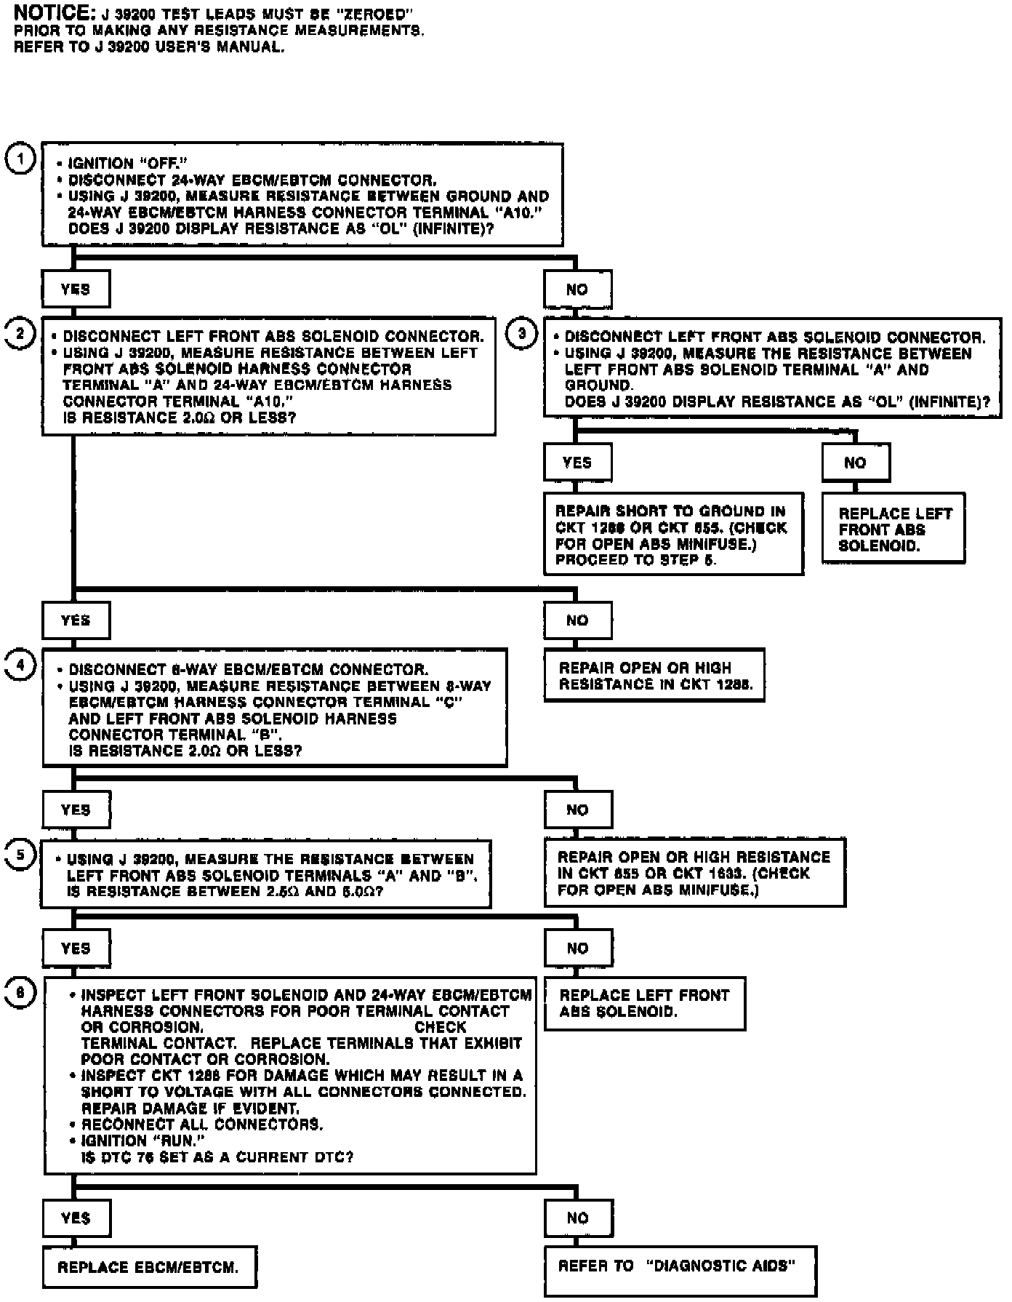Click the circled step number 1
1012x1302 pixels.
click(20, 159)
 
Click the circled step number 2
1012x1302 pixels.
click(20, 334)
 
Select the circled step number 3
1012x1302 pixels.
click(522, 334)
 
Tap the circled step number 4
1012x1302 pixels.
click(20, 665)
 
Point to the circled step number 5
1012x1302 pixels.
click(20, 855)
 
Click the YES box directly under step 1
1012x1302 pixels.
click(76, 289)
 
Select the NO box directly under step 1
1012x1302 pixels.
click(577, 289)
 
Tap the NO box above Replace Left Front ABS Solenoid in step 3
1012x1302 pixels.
click(856, 463)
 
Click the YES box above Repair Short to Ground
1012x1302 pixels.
click(577, 463)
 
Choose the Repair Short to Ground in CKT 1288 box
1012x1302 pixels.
click(673, 535)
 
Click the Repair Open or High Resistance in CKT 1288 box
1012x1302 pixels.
click(654, 676)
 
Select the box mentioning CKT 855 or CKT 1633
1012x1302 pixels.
click(694, 873)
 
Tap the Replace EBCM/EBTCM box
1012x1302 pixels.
click(149, 1267)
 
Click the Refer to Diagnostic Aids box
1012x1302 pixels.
click(680, 1266)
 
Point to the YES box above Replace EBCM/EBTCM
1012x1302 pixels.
click(76, 1218)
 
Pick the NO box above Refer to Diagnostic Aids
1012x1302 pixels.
click(577, 1218)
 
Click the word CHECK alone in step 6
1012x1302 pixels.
click(440, 1027)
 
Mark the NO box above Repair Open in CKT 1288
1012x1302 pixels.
click(577, 620)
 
